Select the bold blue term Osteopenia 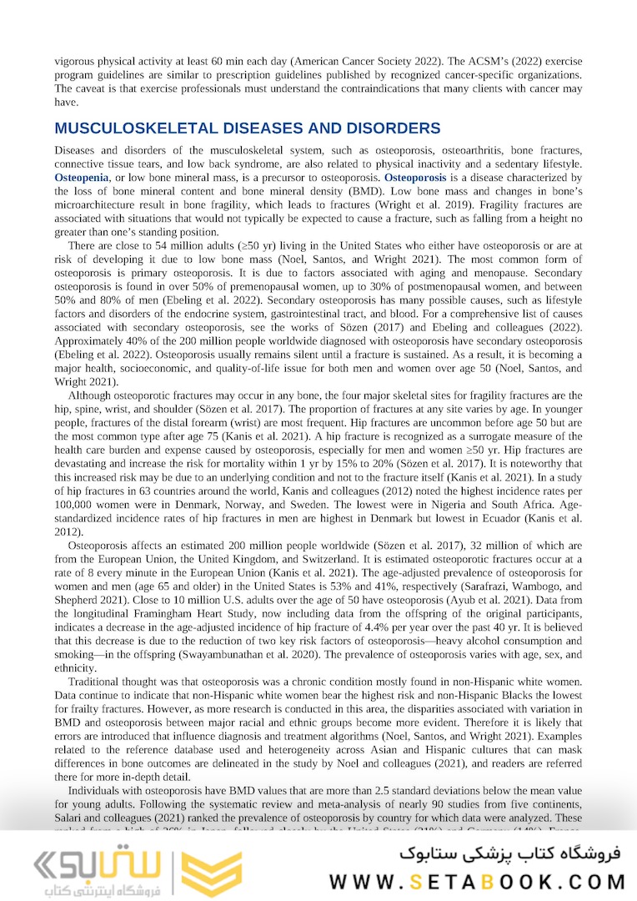pyautogui.click(x=82, y=178)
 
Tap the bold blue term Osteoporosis pyautogui.click(x=414, y=178)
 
